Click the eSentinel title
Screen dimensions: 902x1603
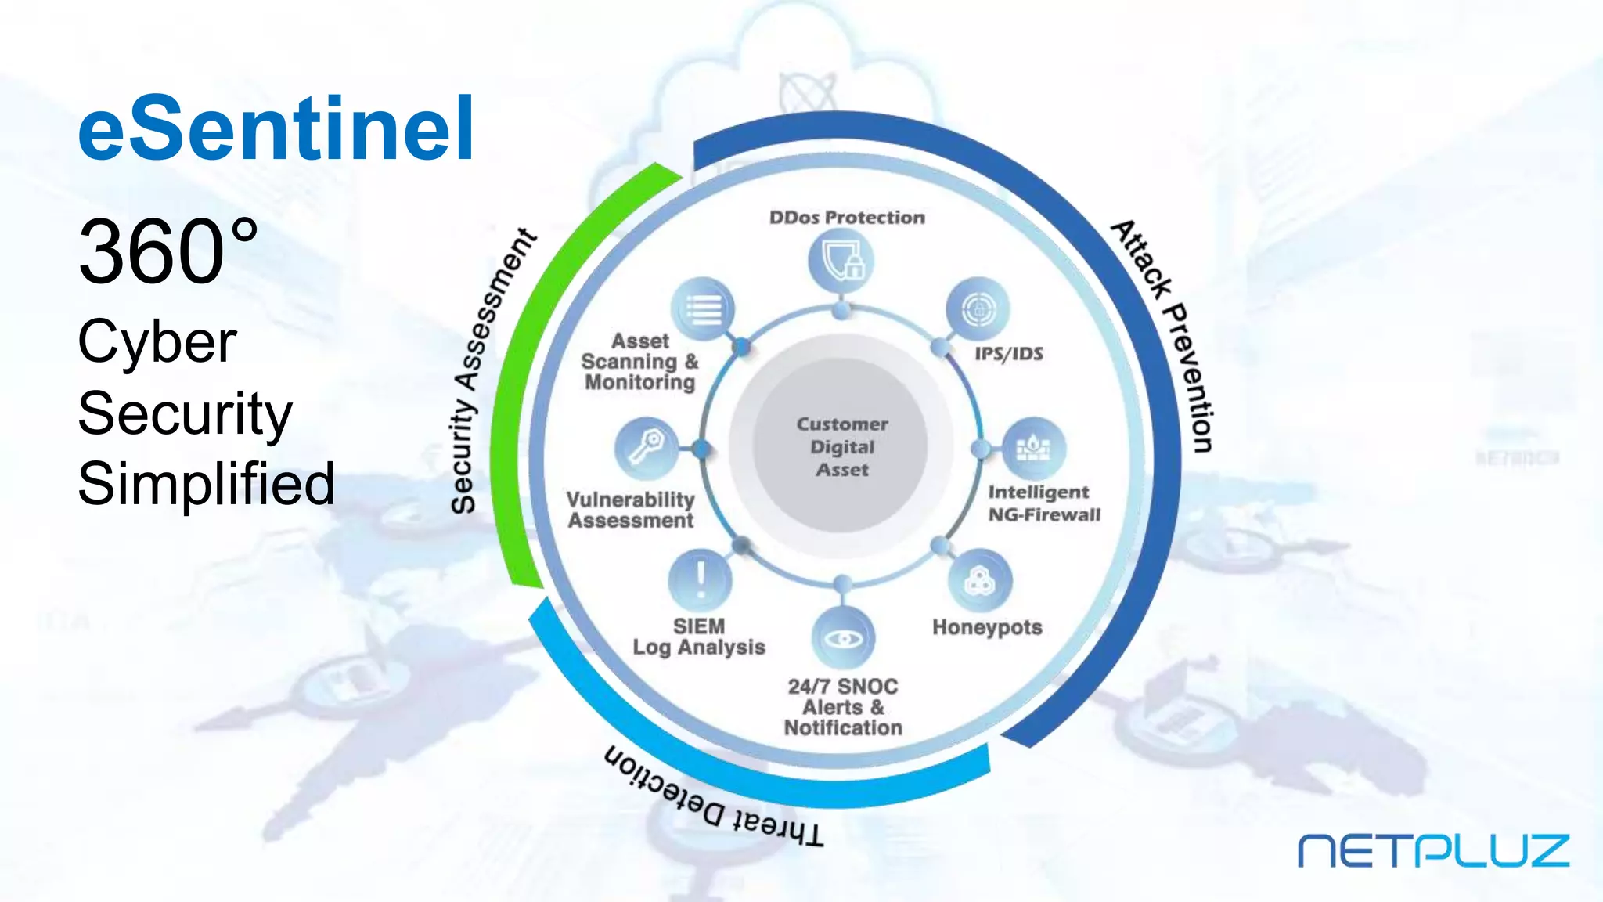[x=276, y=128]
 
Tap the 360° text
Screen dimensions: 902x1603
[x=168, y=252]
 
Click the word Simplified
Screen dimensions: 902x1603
[x=206, y=483]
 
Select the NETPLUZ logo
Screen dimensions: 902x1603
[x=1433, y=851]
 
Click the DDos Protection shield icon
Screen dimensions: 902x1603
[x=841, y=260]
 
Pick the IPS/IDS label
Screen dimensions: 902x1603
[x=1008, y=354]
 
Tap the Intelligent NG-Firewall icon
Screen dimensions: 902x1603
[x=1034, y=448]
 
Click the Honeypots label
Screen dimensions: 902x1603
[x=987, y=627]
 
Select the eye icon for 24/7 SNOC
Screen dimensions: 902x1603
[x=843, y=639]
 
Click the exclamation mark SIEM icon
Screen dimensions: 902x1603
[x=701, y=579]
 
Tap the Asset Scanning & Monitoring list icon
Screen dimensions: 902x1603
[x=703, y=308]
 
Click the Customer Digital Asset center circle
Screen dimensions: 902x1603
[x=841, y=446]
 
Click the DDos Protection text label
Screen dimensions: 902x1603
[x=847, y=218]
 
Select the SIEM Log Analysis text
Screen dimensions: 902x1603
[x=699, y=637]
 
